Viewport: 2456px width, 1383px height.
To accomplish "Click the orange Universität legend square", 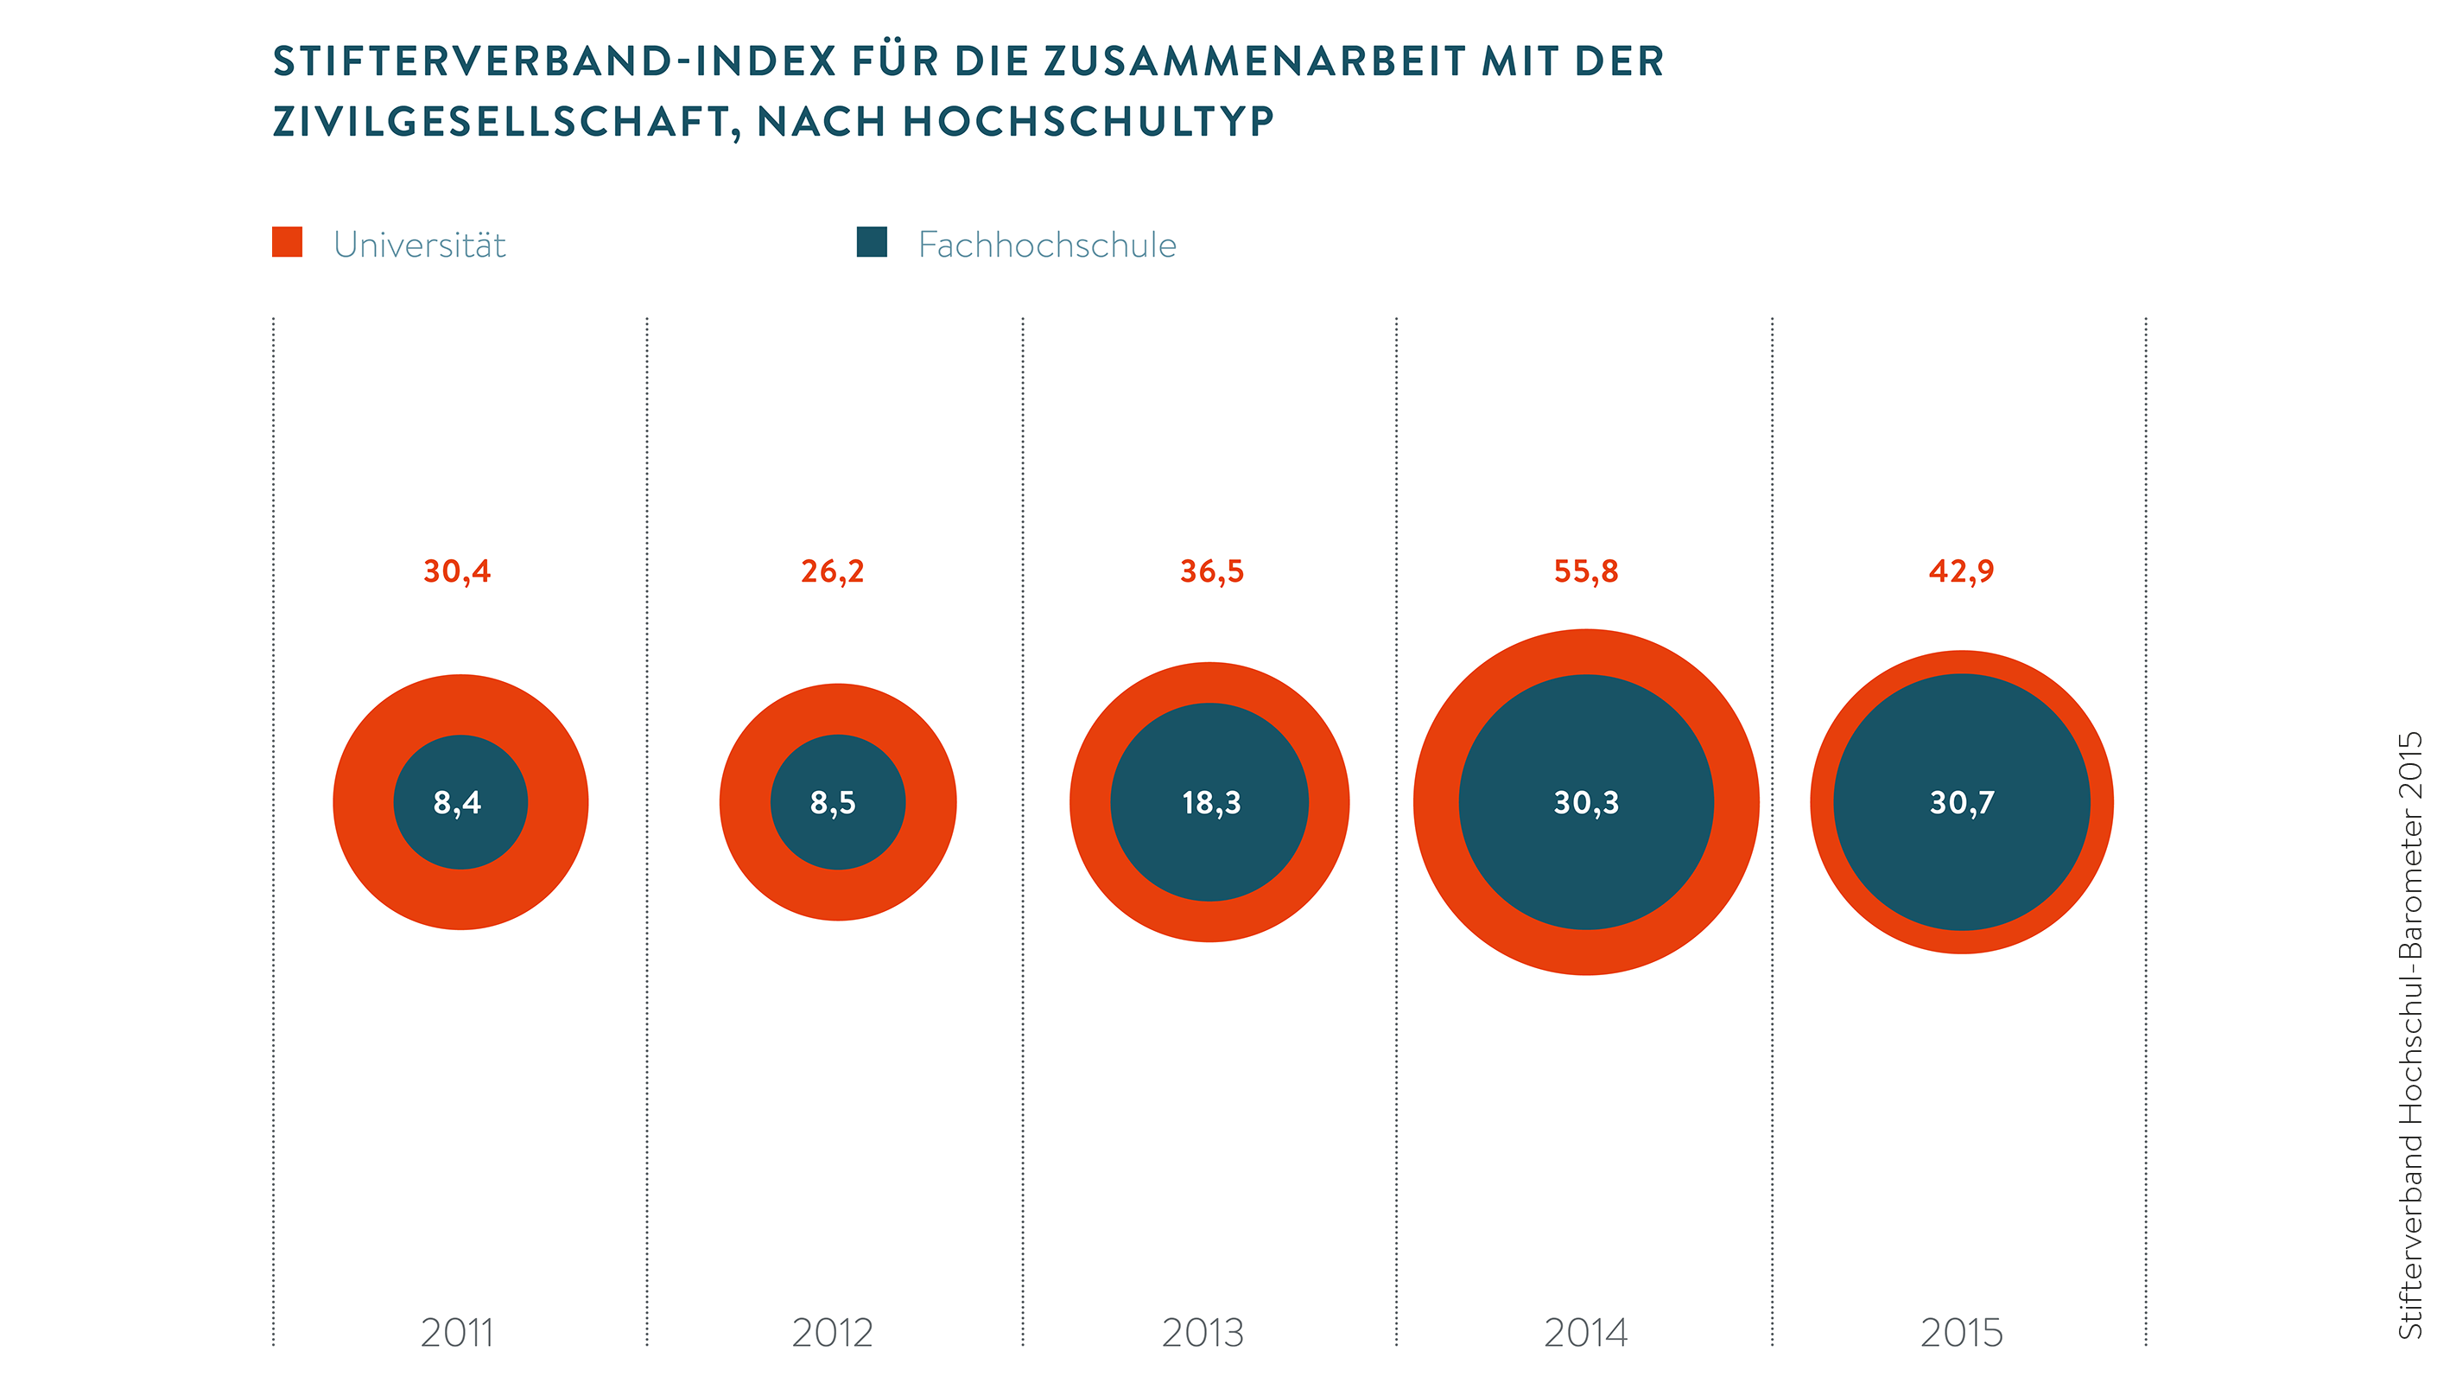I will pyautogui.click(x=287, y=242).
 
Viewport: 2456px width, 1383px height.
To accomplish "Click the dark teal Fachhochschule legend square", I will pyautogui.click(x=872, y=242).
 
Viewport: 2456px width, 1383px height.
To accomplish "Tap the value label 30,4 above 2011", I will pyautogui.click(x=458, y=571).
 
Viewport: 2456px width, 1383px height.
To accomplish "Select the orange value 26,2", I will pyautogui.click(x=832, y=571).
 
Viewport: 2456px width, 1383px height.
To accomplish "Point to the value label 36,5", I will pyautogui.click(x=1212, y=571).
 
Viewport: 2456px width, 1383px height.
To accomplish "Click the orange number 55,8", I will pyautogui.click(x=1586, y=571).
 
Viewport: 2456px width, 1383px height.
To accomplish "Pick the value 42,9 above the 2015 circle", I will pyautogui.click(x=1961, y=571).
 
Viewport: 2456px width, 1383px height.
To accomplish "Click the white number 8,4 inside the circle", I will pyautogui.click(x=458, y=803).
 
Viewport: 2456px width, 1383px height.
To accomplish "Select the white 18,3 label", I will pyautogui.click(x=1212, y=803).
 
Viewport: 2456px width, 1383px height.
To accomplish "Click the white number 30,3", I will pyautogui.click(x=1586, y=803).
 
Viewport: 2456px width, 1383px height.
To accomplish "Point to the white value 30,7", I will pyautogui.click(x=1962, y=803).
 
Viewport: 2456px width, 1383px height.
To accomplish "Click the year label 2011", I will pyautogui.click(x=458, y=1333).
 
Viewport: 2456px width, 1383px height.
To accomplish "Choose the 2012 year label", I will pyautogui.click(x=832, y=1333).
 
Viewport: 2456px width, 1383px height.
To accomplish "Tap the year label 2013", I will pyautogui.click(x=1203, y=1333).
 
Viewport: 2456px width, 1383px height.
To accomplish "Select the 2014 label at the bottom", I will pyautogui.click(x=1586, y=1333).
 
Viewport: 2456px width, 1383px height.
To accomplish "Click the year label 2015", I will pyautogui.click(x=1962, y=1333).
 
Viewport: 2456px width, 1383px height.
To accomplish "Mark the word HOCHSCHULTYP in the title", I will pyautogui.click(x=1088, y=121).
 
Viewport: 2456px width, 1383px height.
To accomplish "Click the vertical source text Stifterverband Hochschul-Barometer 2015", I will pyautogui.click(x=2409, y=1035).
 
